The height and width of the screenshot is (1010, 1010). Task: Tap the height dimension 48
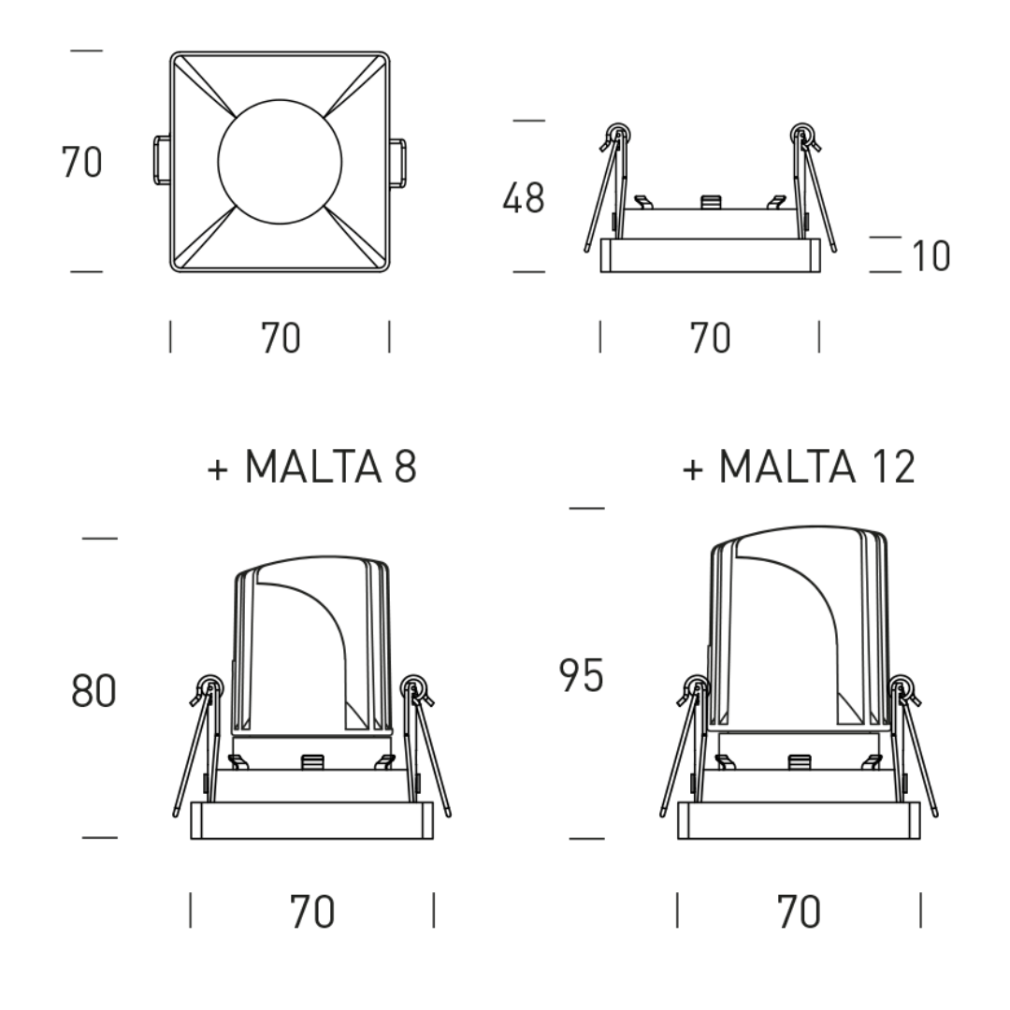click(524, 197)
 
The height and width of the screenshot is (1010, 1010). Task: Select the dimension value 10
click(931, 255)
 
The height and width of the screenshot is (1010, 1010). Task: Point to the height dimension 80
click(94, 691)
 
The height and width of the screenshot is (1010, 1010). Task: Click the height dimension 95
click(581, 676)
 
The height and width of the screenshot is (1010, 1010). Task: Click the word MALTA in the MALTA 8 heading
click(313, 467)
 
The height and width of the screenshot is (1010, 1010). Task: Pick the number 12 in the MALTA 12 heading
click(894, 467)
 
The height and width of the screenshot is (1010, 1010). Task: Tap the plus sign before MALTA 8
click(218, 469)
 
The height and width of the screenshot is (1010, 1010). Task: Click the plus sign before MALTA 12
click(692, 469)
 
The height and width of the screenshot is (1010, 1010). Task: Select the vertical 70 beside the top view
click(81, 162)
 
